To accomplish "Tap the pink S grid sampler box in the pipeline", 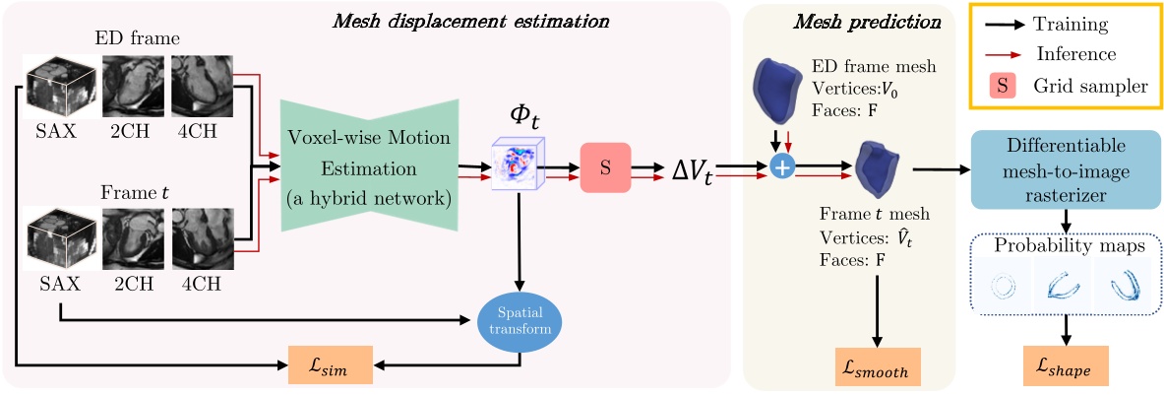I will click(605, 168).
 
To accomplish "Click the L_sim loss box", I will click(331, 367).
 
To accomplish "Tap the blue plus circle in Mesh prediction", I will click(782, 168).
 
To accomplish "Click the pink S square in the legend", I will click(1002, 86).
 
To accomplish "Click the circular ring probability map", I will click(1003, 287).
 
